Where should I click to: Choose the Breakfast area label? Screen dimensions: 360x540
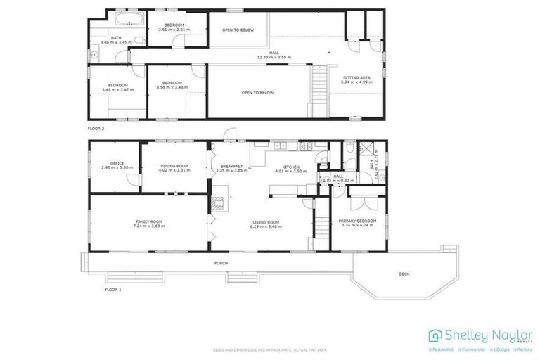click(x=231, y=167)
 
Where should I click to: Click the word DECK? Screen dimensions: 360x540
click(x=404, y=274)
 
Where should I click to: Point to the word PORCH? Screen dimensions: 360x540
click(x=221, y=264)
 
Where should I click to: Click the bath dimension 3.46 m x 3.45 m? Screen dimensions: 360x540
click(x=111, y=43)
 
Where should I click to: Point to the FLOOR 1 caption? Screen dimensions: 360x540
click(x=112, y=289)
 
